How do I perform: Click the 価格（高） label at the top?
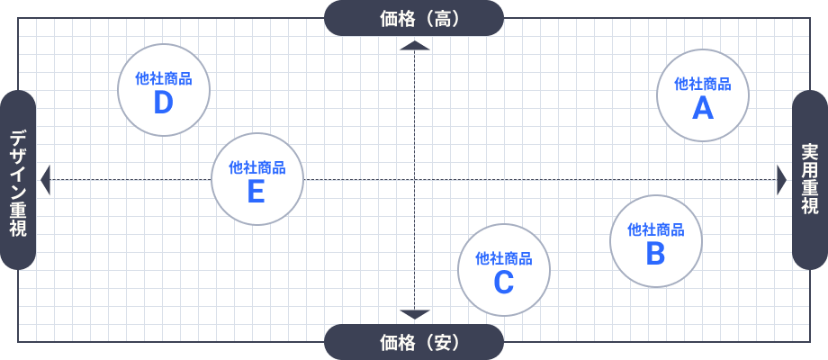coord(414,18)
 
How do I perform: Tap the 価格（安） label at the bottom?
coord(414,342)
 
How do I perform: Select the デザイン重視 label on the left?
coord(18,180)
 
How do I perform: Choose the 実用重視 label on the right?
coord(810,180)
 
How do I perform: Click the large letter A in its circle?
coord(703,109)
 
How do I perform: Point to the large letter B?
coord(655,254)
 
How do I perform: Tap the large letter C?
coord(504,283)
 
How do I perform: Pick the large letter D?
coord(163,103)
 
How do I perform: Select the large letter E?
coord(256,191)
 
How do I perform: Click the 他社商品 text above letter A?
coord(703,84)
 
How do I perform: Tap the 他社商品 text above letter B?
coord(655,229)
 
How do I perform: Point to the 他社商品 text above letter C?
coord(504,258)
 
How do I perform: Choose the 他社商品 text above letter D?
coord(163,78)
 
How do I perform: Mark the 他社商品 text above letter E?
coord(256,166)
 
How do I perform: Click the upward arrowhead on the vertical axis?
coord(414,45)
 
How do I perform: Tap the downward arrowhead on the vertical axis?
coord(414,314)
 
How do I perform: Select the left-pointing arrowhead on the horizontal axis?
coord(46,180)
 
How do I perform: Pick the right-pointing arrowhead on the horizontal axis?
coord(781,180)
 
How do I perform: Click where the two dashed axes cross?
coord(414,180)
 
